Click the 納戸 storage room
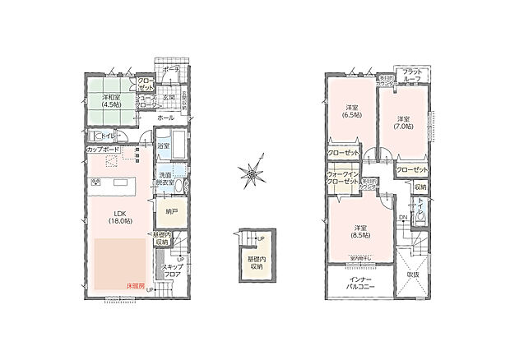point(171,211)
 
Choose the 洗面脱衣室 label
point(165,181)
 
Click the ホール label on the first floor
point(165,118)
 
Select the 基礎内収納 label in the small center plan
point(256,263)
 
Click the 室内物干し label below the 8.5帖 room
point(361,258)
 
